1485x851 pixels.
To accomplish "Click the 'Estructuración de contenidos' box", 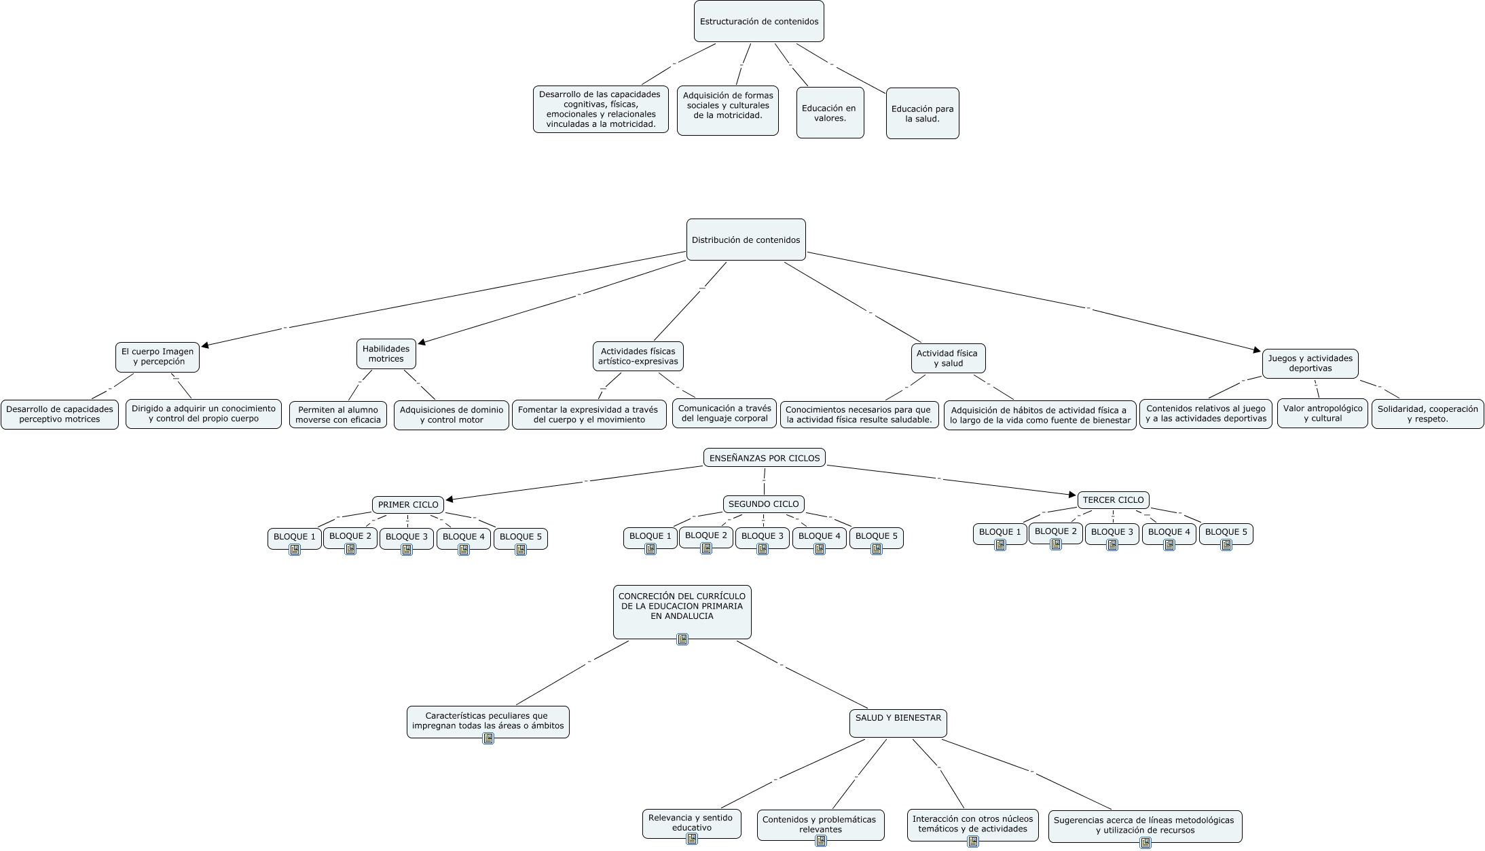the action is click(x=759, y=21).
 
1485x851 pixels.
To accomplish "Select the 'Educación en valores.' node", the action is click(x=830, y=113).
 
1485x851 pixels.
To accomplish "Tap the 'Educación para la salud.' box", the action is click(x=923, y=113).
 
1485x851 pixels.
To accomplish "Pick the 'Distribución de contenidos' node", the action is click(x=746, y=240).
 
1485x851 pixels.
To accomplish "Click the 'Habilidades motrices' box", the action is click(x=386, y=354).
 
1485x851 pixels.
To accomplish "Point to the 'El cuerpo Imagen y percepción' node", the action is click(x=158, y=357).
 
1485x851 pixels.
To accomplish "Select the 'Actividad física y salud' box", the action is click(x=947, y=358).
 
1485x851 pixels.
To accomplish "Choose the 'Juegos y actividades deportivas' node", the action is click(x=1310, y=364).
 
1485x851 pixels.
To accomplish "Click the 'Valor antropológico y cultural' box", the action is click(x=1323, y=413).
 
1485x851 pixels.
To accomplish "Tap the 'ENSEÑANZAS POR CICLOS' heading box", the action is click(x=765, y=458).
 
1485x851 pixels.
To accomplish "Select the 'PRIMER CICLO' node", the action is click(x=408, y=505).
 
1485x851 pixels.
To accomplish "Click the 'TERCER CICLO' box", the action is click(x=1114, y=500).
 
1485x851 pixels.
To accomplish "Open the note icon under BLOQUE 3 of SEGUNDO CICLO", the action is click(x=763, y=549).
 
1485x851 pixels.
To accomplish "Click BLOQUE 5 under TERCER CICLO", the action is click(x=1226, y=533).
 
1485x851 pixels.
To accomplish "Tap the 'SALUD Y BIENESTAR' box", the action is click(x=898, y=723).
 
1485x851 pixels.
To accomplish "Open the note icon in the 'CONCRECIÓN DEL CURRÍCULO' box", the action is click(x=682, y=639).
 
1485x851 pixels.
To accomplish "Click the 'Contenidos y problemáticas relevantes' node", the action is click(x=821, y=825).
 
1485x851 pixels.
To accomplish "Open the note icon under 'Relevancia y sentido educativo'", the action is click(x=692, y=839).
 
